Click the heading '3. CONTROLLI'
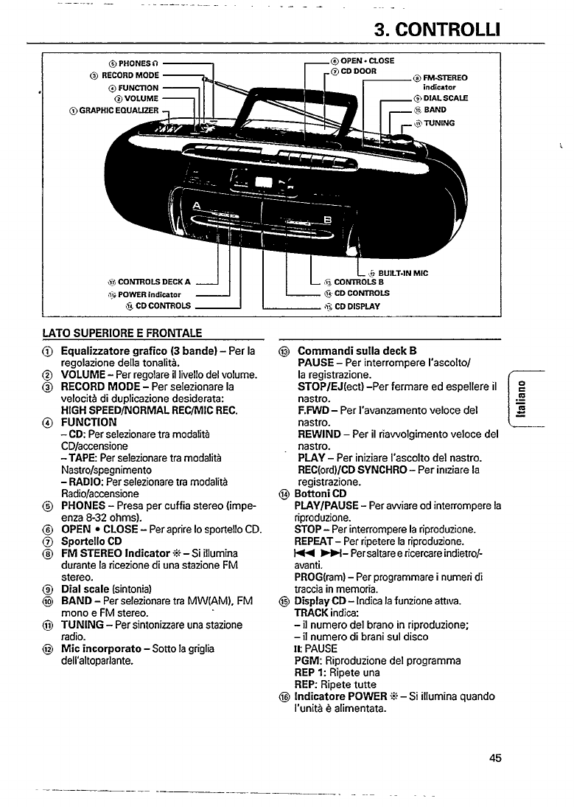pyautogui.click(x=437, y=30)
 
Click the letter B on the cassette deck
pyautogui.click(x=328, y=220)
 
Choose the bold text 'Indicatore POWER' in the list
pyautogui.click(x=341, y=696)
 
